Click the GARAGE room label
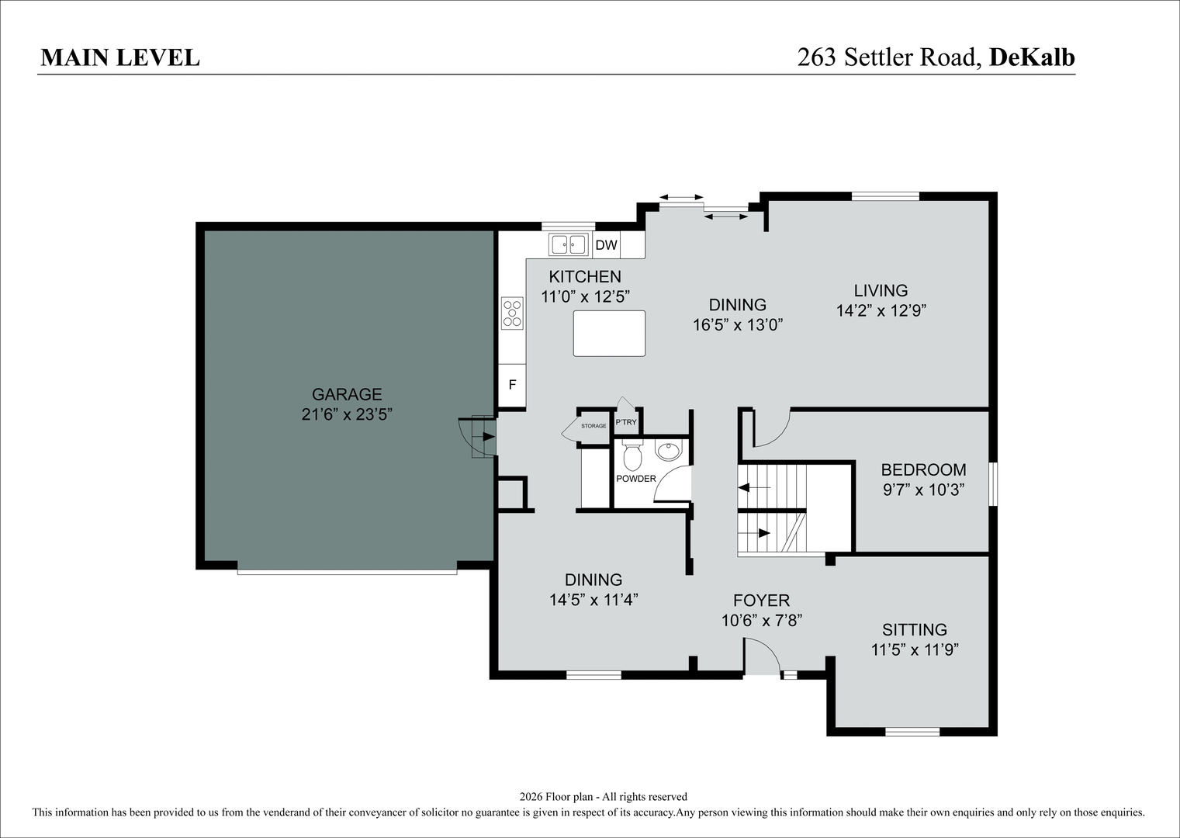coord(347,394)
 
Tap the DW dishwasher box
coord(607,245)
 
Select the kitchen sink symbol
coord(569,244)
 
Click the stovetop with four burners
coord(512,313)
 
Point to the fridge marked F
coord(512,385)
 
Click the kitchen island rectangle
coord(610,334)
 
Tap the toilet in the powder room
coord(632,456)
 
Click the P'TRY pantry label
coord(626,422)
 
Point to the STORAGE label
coord(593,425)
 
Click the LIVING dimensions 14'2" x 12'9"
coord(881,311)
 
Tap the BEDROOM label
coord(923,469)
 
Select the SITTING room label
coord(915,629)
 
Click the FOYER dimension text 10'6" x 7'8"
coord(762,621)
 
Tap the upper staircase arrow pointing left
coord(754,488)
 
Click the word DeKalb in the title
coord(1032,57)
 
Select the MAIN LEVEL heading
coord(120,58)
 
